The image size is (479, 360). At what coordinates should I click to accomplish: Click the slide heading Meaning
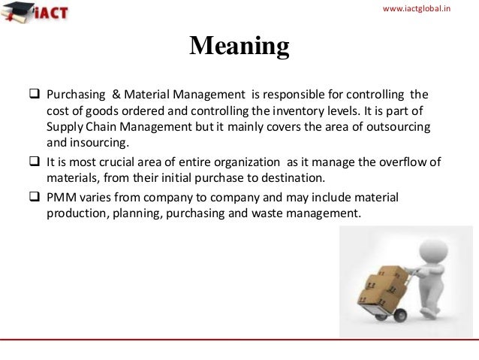coord(239,46)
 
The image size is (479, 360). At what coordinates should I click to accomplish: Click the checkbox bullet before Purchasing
coord(33,95)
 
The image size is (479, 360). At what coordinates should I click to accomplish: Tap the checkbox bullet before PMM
coord(33,197)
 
